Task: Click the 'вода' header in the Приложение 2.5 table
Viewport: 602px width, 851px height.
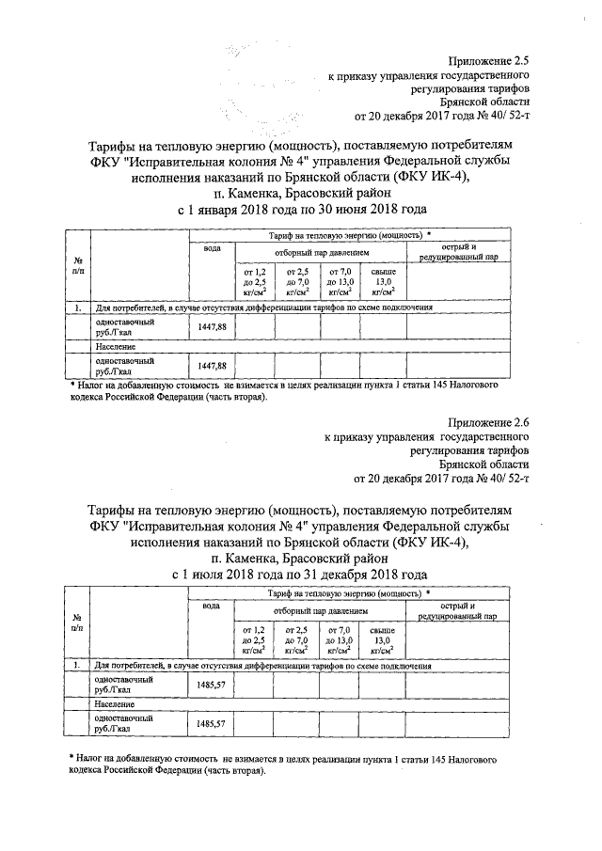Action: pyautogui.click(x=212, y=247)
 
